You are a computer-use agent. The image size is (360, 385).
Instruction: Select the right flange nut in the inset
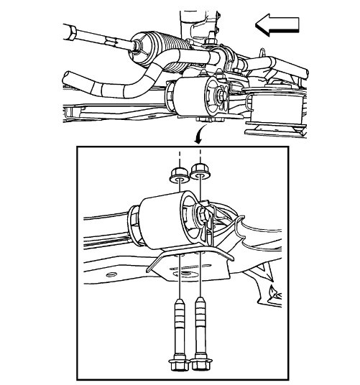pyautogui.click(x=199, y=172)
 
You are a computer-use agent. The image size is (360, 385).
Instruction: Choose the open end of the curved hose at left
pyautogui.click(x=69, y=78)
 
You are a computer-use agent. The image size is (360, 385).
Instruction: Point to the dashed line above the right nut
pyautogui.click(x=199, y=159)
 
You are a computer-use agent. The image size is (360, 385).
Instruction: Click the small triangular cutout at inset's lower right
pyautogui.click(x=272, y=292)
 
